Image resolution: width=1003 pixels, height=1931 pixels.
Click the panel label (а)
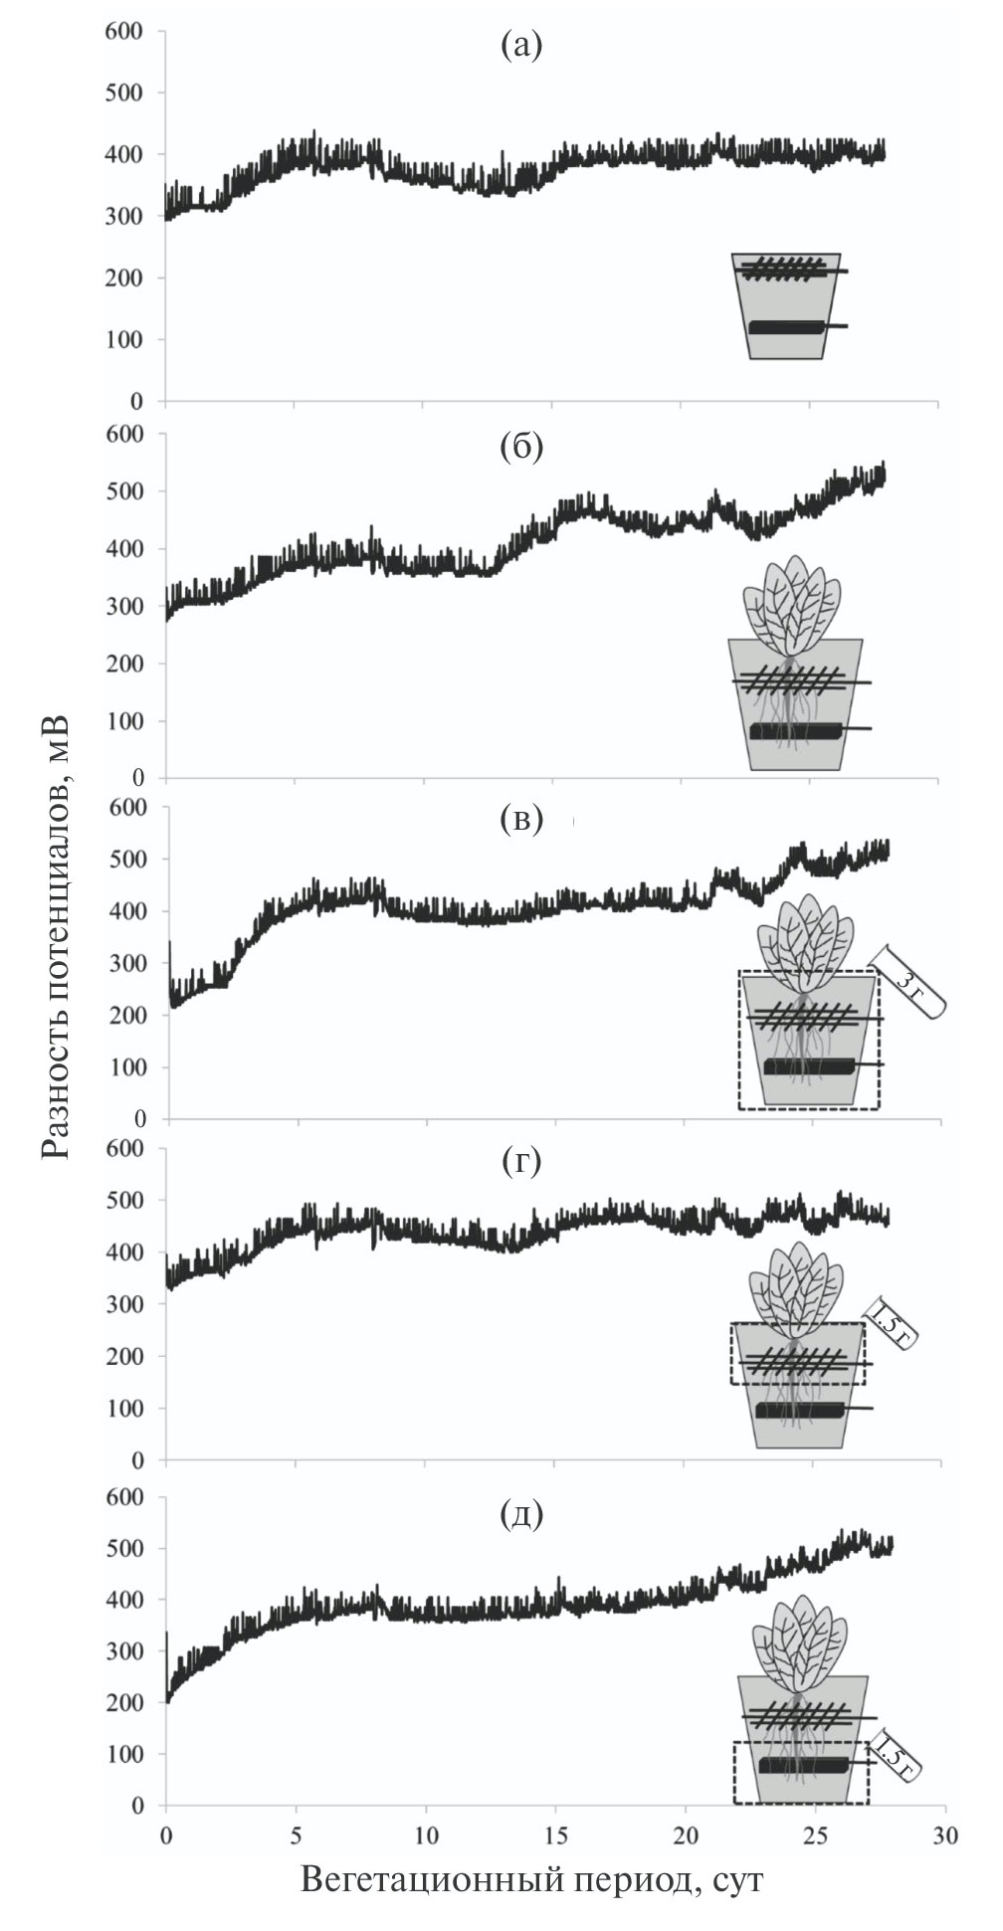click(x=521, y=46)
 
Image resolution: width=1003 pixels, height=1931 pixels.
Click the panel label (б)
click(x=521, y=448)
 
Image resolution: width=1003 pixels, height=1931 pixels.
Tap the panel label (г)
click(x=521, y=1161)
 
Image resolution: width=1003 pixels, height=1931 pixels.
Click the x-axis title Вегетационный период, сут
click(x=532, y=1880)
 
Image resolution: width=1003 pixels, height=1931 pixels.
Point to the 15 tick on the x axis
click(x=554, y=1834)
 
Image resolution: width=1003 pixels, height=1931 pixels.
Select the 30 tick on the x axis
click(x=944, y=1834)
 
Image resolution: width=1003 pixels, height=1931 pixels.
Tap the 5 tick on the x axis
click(x=296, y=1834)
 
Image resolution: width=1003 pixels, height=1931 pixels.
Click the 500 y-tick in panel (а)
click(x=123, y=93)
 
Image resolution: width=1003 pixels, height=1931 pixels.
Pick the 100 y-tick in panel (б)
click(x=123, y=720)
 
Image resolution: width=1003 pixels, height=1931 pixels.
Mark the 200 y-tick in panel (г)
click(x=123, y=1356)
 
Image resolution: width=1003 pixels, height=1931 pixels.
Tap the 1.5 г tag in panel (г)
click(x=888, y=1324)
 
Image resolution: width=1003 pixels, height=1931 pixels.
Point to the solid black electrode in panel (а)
click(x=786, y=327)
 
